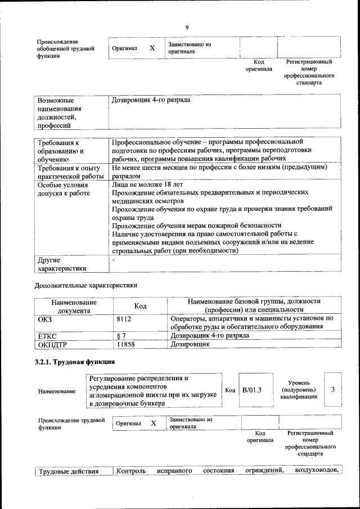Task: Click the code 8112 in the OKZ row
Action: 124,319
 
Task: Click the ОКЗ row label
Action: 44,319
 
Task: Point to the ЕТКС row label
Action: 47,335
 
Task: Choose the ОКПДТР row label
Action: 52,343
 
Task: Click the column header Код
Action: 140,305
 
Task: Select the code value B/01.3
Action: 252,390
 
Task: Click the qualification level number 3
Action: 333,389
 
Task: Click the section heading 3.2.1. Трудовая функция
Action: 75,362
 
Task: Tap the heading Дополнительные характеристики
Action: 86,285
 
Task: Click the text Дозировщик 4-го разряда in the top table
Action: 151,100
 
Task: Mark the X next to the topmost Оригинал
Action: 152,48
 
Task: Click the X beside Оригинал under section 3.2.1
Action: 153,422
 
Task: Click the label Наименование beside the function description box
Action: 56,390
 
